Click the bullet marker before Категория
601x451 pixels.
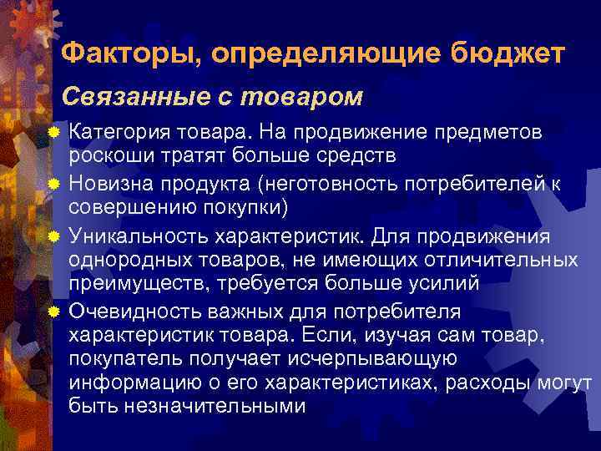tap(54, 133)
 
